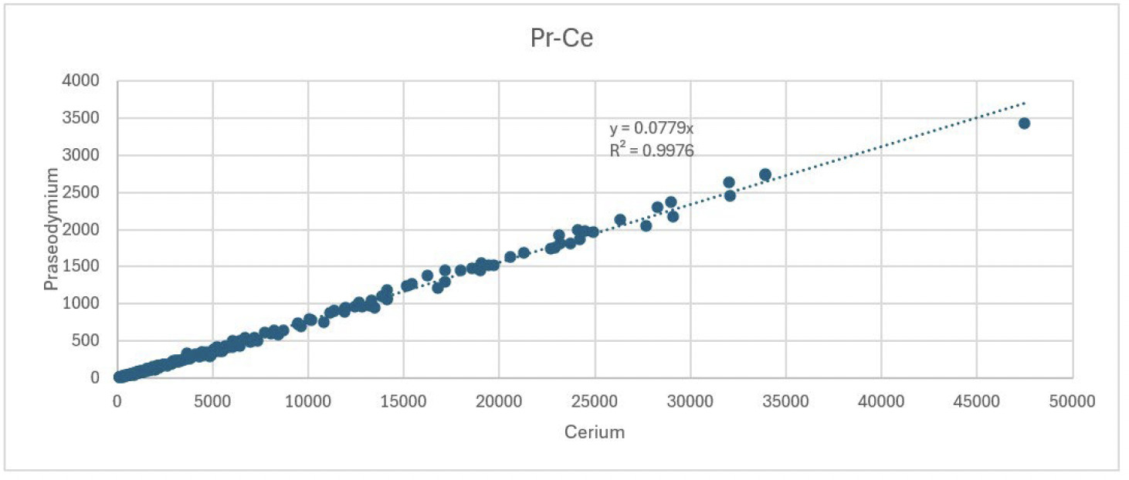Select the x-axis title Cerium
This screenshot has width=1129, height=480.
pos(594,432)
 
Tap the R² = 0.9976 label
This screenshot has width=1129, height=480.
pos(651,150)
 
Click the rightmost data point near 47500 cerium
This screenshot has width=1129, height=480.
pos(1024,123)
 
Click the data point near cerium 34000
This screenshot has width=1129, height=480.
pos(765,174)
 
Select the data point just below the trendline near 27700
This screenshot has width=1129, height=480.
pos(646,225)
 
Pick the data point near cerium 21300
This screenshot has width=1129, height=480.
pos(524,253)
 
